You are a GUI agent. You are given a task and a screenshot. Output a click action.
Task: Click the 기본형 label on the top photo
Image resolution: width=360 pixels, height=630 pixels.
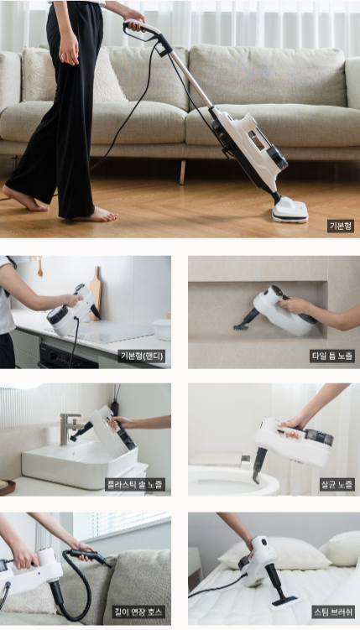[341, 226]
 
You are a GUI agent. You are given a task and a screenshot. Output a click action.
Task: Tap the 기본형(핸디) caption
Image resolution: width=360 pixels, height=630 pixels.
[142, 356]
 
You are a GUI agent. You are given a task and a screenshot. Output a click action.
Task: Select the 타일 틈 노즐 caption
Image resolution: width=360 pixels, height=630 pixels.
[331, 356]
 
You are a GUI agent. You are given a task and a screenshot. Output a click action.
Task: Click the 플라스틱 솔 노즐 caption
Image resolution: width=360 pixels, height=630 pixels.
[135, 484]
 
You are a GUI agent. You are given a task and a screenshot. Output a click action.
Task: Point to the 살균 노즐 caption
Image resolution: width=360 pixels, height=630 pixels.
[337, 484]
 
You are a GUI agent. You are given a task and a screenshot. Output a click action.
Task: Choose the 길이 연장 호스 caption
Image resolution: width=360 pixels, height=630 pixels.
[138, 612]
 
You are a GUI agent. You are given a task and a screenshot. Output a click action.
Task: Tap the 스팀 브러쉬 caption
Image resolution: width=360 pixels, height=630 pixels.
[333, 612]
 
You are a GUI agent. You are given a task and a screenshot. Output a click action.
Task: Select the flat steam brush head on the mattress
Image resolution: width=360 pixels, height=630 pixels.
[284, 601]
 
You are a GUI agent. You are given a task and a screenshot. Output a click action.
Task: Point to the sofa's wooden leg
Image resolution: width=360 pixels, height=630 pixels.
[183, 172]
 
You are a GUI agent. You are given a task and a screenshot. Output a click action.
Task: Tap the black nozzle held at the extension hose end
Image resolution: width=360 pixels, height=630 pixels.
[89, 557]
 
